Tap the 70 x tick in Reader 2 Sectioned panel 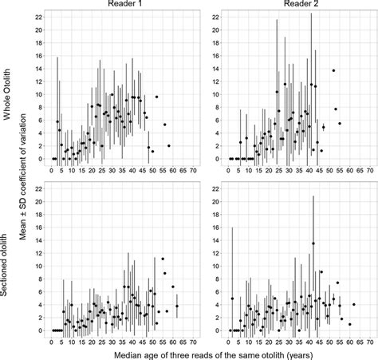point(368,340)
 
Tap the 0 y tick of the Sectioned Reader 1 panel point(39,330)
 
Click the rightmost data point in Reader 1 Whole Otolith point(169,145)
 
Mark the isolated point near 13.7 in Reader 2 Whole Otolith point(333,70)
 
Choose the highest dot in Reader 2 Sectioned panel point(313,243)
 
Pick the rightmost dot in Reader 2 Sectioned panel point(354,304)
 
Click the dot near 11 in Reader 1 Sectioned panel point(163,259)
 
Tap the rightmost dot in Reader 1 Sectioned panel point(177,306)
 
